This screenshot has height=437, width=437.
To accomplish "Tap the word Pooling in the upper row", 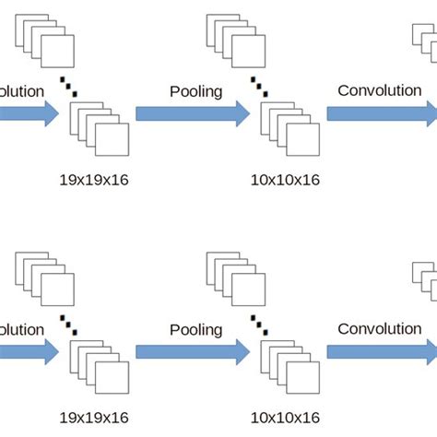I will (x=196, y=91).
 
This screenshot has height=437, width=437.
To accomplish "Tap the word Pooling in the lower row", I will (x=196, y=329).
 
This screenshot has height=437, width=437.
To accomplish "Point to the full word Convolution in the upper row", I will (x=380, y=90).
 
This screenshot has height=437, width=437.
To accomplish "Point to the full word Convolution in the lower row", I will (x=380, y=328).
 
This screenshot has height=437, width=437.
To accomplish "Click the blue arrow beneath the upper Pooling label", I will (x=192, y=113).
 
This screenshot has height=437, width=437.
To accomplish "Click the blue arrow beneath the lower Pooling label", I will (x=192, y=351).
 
